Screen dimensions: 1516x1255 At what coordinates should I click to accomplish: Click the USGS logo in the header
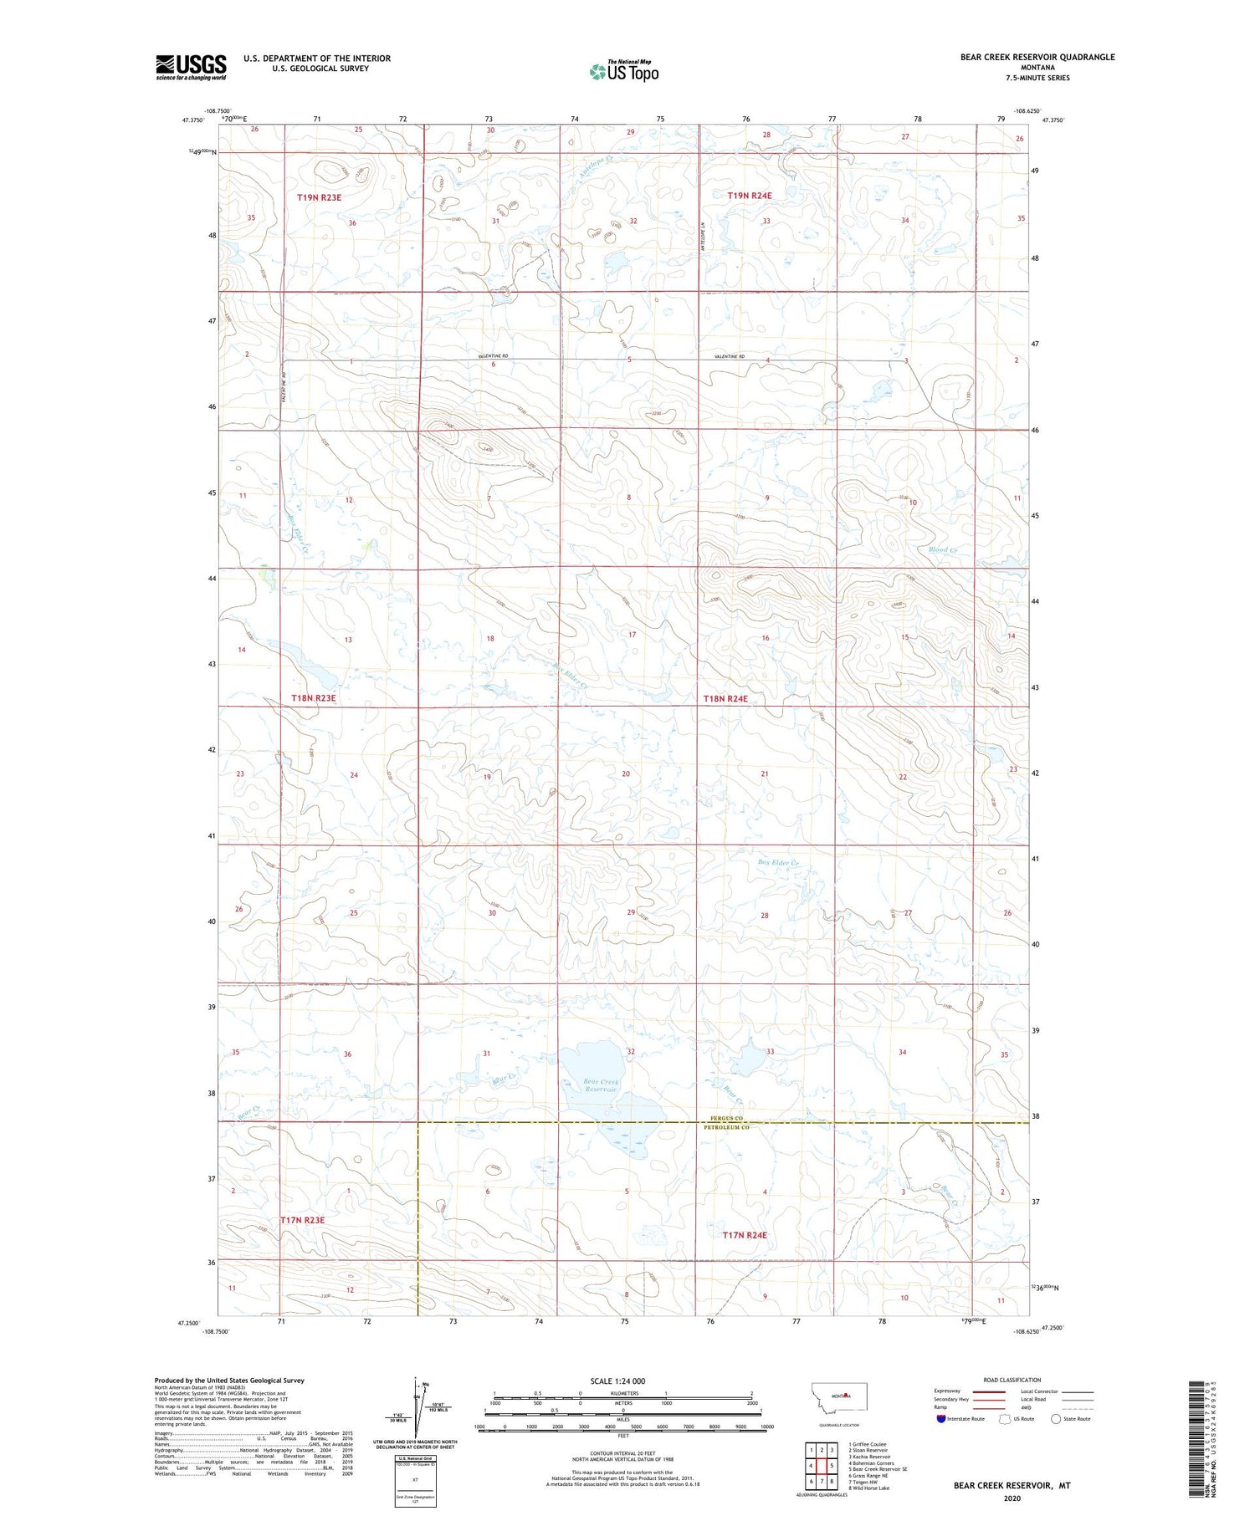191,67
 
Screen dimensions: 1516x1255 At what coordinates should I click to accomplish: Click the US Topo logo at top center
624,72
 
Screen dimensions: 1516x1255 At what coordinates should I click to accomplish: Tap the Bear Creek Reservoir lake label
601,1086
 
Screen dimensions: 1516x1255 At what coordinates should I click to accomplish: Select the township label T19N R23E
320,197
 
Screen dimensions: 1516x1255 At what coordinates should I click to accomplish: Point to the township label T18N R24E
725,698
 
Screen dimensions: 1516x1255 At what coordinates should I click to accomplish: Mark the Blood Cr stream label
942,549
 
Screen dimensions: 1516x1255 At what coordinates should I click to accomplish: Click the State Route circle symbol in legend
1056,1419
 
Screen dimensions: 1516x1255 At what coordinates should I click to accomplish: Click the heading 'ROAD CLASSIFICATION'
1012,1380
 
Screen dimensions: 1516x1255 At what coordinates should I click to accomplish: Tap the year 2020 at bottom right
1012,1498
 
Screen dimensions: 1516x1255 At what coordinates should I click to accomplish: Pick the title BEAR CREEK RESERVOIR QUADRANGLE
1037,57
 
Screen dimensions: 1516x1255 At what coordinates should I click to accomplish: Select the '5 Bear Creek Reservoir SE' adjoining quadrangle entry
878,1468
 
